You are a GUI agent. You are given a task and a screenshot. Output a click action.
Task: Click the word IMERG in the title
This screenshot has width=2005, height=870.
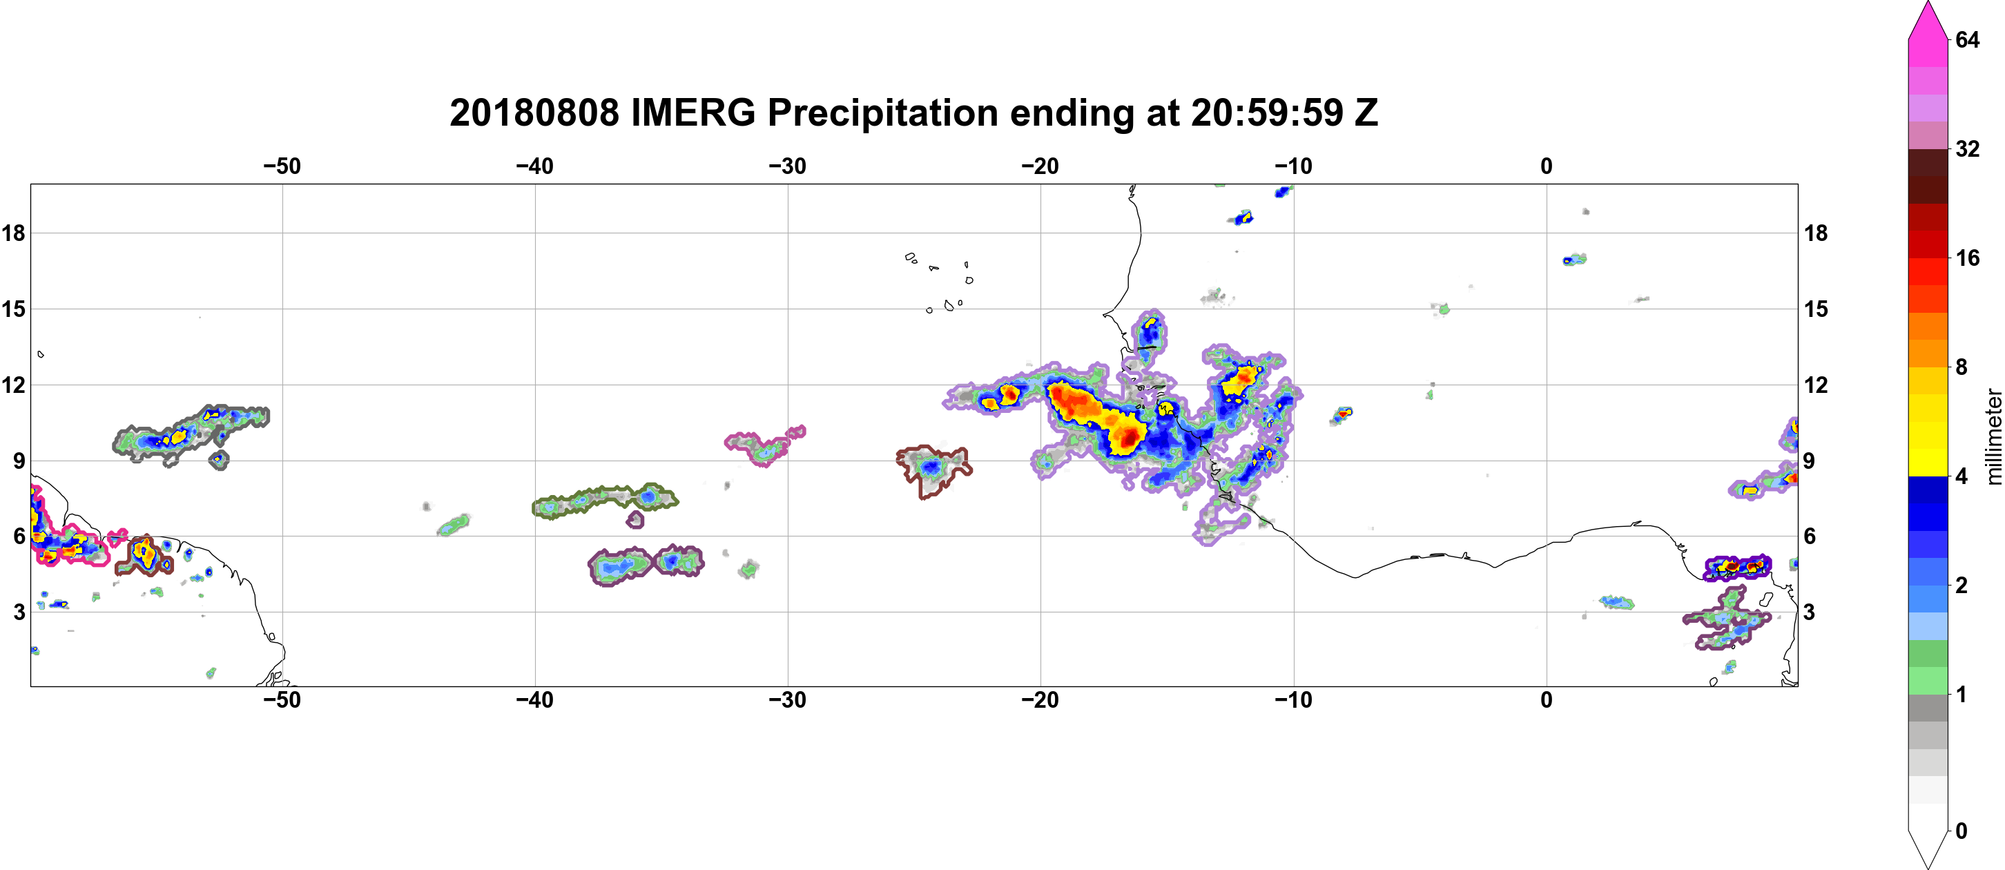(x=692, y=113)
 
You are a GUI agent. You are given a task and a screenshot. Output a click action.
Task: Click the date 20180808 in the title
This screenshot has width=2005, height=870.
(x=534, y=113)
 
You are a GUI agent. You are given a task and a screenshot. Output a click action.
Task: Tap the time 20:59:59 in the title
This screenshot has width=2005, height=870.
(x=1267, y=113)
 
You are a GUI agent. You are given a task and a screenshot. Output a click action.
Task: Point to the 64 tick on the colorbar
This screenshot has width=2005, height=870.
(x=1968, y=39)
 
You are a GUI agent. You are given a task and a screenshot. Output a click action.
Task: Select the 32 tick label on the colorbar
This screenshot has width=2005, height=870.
(x=1968, y=148)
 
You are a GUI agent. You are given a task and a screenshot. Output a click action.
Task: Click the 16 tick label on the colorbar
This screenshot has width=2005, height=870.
(x=1968, y=258)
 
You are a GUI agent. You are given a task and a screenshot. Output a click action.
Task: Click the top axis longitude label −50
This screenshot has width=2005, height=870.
(x=282, y=166)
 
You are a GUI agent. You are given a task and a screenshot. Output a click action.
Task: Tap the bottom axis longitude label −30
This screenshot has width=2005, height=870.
(x=788, y=700)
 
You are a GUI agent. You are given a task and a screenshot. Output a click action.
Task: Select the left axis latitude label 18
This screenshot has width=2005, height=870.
(x=13, y=233)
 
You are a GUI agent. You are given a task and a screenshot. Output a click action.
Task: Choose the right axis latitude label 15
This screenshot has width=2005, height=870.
(x=1817, y=309)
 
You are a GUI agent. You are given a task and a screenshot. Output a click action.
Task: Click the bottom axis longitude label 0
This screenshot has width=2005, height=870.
(x=1547, y=700)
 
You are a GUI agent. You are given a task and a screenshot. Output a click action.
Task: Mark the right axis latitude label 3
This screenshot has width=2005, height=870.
(x=1810, y=612)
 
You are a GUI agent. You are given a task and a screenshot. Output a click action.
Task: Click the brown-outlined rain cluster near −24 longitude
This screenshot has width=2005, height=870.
(x=933, y=470)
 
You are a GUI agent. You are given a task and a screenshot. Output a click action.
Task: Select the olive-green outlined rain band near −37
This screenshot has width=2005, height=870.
(x=604, y=501)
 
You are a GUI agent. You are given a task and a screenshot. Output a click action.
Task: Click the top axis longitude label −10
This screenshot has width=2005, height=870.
(x=1294, y=166)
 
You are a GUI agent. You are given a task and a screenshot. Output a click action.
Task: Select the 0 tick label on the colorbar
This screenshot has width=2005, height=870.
(x=1962, y=831)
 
